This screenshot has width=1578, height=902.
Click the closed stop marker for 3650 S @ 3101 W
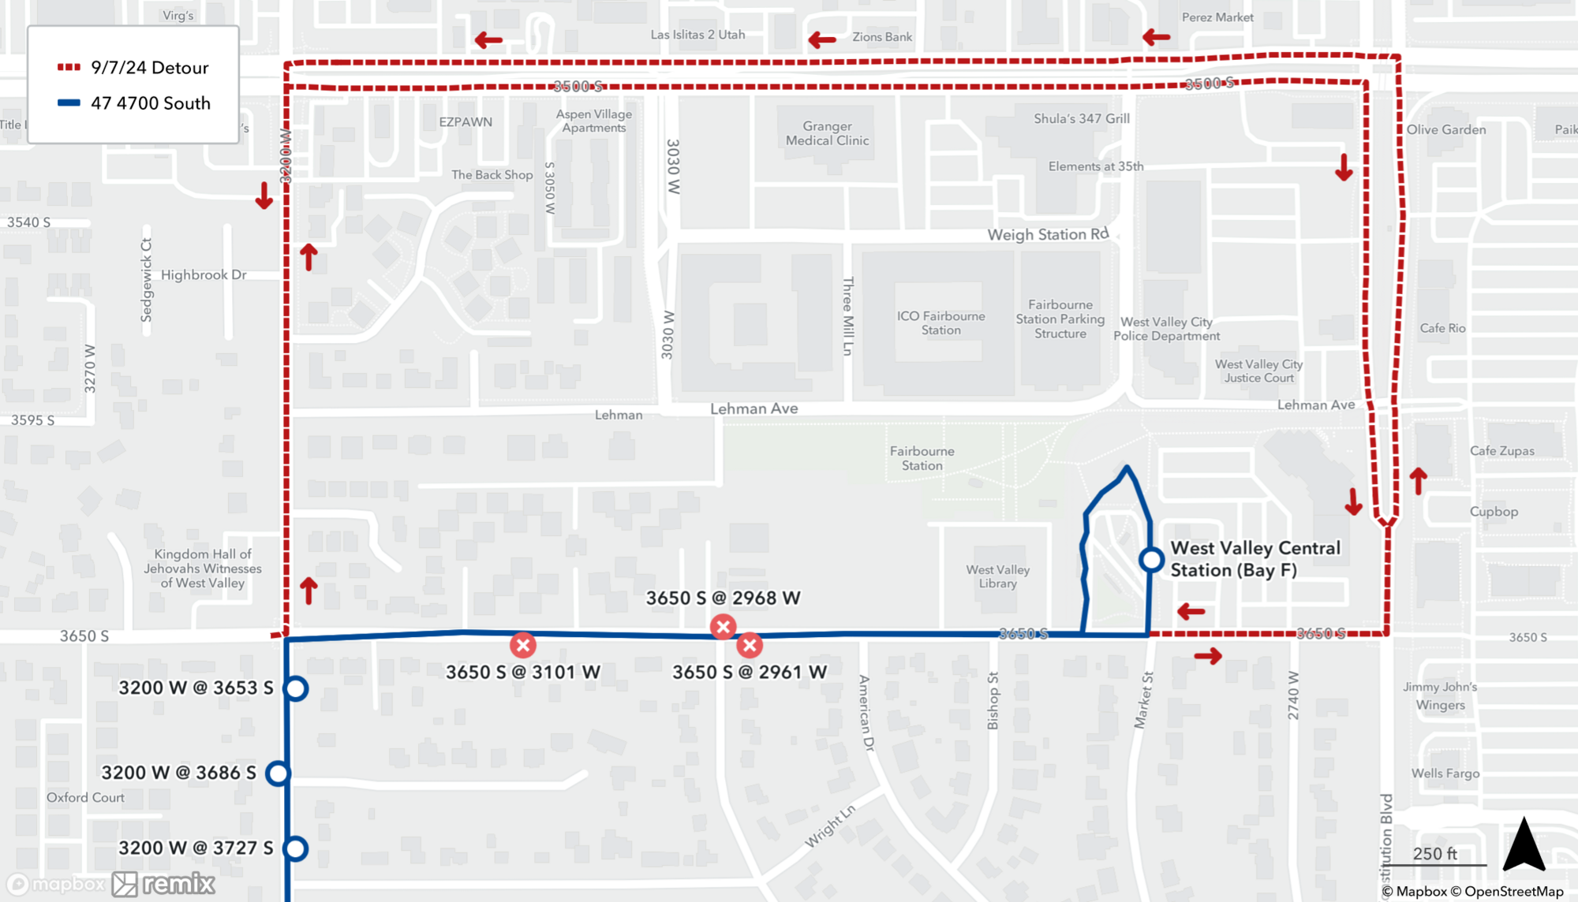click(x=522, y=645)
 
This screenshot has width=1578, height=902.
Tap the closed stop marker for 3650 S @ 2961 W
click(x=750, y=645)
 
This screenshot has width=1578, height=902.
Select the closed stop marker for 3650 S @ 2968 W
click(x=723, y=627)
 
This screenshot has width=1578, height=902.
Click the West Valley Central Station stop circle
click(x=1151, y=560)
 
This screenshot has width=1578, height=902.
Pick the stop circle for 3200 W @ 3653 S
click(x=296, y=688)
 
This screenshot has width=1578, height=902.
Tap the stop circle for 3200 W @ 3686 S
click(x=278, y=773)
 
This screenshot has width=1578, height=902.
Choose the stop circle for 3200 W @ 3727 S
click(x=296, y=848)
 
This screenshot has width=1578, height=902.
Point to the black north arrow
click(x=1524, y=845)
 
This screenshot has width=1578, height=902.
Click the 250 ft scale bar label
click(x=1434, y=854)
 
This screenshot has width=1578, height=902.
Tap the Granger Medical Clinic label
click(x=827, y=133)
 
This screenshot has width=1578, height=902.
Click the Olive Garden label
click(x=1445, y=130)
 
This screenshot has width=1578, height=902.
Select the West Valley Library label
click(x=997, y=576)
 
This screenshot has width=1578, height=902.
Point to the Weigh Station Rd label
click(x=1048, y=234)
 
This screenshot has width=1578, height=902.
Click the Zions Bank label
click(x=882, y=37)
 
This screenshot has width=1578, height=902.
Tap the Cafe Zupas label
click(x=1501, y=451)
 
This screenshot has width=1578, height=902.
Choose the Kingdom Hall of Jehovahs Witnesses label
click(x=203, y=568)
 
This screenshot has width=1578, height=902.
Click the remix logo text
click(x=178, y=884)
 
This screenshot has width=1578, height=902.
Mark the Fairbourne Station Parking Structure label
click(x=1060, y=319)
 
